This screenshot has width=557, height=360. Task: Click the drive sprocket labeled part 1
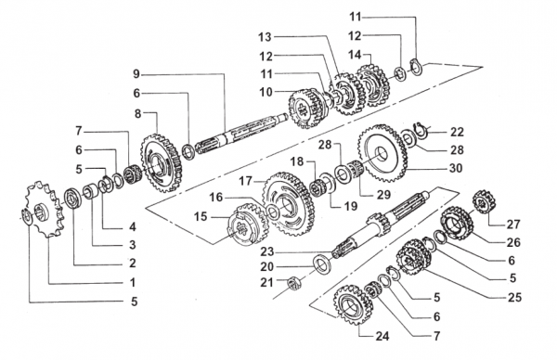tap(45, 209)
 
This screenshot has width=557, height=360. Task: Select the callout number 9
tap(136, 74)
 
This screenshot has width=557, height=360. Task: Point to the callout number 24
tap(382, 336)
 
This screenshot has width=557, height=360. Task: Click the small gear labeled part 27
tap(484, 201)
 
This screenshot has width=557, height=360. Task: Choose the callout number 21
tap(266, 283)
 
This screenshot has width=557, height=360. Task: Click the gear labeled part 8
tap(161, 163)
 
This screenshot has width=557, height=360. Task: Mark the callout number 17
tap(245, 181)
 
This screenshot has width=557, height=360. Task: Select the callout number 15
tap(201, 216)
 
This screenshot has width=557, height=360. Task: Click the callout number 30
tap(456, 168)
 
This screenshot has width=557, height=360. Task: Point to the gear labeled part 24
tap(353, 304)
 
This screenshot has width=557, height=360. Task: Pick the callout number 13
tap(265, 36)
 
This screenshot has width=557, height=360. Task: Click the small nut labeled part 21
tap(293, 283)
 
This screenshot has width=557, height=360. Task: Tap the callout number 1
tap(133, 283)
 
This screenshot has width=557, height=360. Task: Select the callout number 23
tap(267, 251)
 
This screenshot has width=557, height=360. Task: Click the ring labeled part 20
tap(322, 265)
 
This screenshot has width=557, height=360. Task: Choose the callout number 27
tap(513, 225)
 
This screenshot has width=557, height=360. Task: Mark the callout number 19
tap(350, 206)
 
